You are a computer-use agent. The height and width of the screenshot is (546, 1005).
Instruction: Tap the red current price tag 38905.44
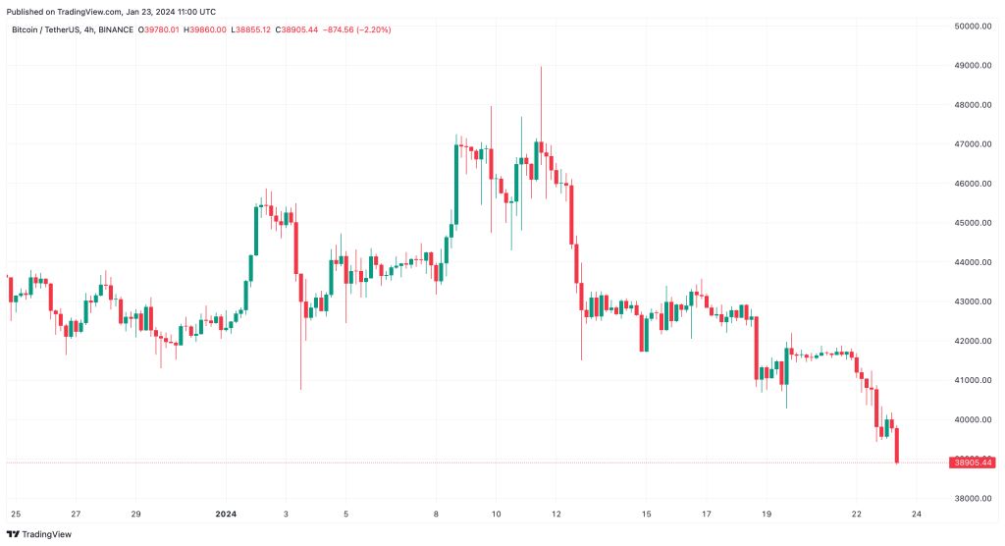[973, 463]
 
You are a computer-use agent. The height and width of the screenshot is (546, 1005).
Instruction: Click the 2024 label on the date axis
[226, 514]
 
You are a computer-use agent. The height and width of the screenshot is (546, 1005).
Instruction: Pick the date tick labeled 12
[556, 514]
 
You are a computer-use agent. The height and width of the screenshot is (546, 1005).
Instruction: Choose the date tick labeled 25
[15, 514]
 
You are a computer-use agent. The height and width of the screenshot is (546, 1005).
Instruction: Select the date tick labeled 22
[857, 514]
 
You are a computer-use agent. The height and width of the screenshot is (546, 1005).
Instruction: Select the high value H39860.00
[206, 30]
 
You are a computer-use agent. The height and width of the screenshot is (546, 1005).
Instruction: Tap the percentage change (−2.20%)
[373, 30]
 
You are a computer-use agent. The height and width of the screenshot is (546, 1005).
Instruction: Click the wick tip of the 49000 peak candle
[541, 67]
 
